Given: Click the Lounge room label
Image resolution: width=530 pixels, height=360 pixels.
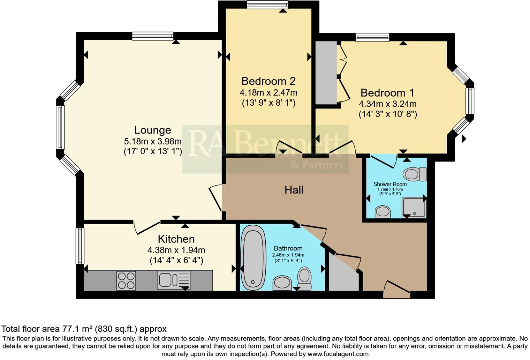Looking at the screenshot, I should pos(152,130).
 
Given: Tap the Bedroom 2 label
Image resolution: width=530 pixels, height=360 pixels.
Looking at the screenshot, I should pos(268,81).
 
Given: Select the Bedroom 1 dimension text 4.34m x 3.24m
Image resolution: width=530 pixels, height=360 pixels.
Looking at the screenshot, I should pos(387,104).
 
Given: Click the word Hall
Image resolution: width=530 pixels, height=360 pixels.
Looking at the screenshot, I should pos(294,190).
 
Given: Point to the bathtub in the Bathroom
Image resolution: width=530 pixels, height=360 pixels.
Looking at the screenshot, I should pos(253,257).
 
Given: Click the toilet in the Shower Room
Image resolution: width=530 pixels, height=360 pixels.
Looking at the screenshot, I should pos(415,174).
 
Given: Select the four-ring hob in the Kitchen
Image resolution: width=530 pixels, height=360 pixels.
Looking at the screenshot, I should pos(126,280).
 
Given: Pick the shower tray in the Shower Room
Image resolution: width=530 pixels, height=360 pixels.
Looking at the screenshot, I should pos(414,207).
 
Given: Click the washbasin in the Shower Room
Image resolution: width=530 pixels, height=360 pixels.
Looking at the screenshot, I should pos(383,211).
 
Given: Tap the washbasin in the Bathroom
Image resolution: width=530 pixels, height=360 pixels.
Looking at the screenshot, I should pos(282,283).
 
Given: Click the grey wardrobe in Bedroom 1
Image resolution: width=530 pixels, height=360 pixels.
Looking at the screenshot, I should pos(326,73).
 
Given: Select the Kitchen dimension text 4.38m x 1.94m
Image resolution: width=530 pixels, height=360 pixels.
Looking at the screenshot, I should pos(176,250).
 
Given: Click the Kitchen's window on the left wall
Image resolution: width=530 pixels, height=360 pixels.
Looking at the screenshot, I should pos(80,246).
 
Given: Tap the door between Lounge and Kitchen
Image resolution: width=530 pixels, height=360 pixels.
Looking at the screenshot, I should pos(146,227).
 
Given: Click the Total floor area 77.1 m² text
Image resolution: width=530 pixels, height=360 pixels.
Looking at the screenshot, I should pos(84,329).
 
